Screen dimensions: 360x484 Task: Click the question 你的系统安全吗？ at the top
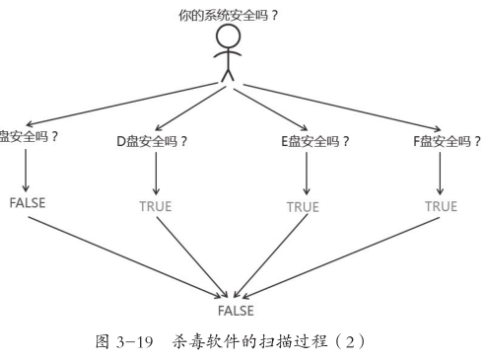(x=229, y=17)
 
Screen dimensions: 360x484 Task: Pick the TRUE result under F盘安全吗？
(x=441, y=206)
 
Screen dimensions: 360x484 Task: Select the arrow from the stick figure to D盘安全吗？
(x=192, y=107)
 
